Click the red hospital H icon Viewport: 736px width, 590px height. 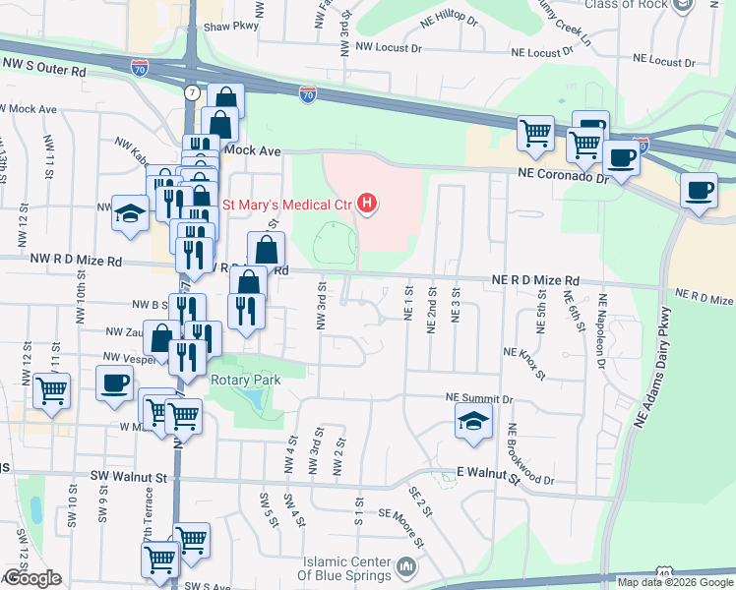pyautogui.click(x=367, y=205)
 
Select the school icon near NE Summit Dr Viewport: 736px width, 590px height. pyautogui.click(x=472, y=422)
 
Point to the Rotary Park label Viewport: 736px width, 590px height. pyautogui.click(x=245, y=380)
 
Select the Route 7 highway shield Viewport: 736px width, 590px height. pyautogui.click(x=190, y=92)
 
